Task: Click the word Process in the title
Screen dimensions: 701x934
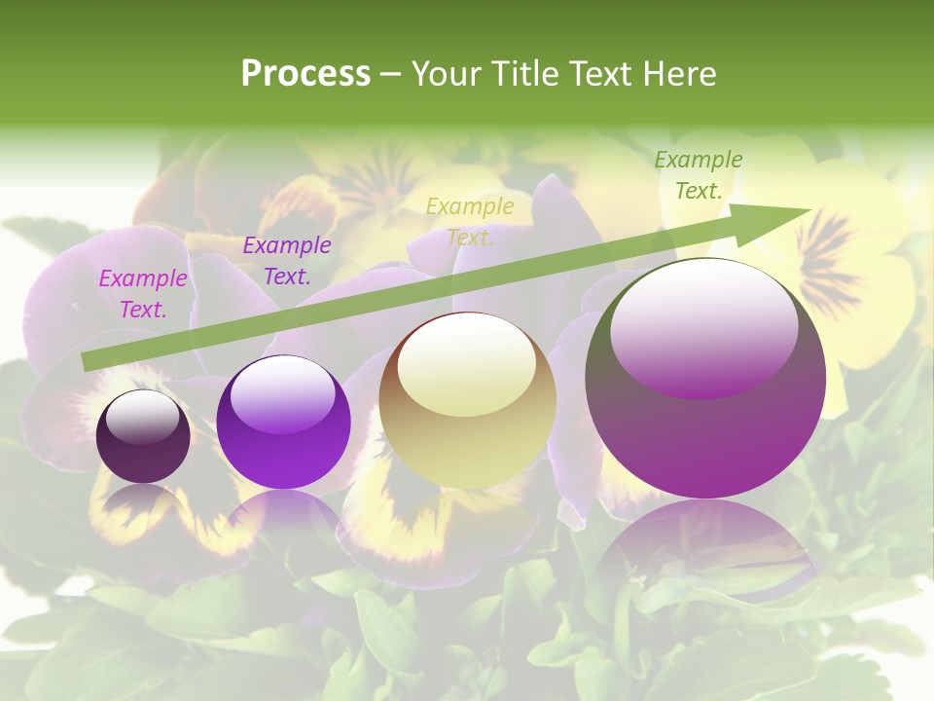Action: [x=305, y=74]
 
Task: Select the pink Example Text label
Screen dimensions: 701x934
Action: [x=143, y=294]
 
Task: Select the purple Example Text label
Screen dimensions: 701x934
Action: [x=286, y=261]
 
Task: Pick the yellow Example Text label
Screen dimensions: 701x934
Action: [x=470, y=221]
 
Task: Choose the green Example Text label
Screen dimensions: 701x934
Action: [x=699, y=175]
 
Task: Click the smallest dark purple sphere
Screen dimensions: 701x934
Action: [x=143, y=436]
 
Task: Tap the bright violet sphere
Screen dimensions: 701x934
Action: [x=283, y=423]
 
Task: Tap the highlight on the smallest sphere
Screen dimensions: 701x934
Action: [x=142, y=417]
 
